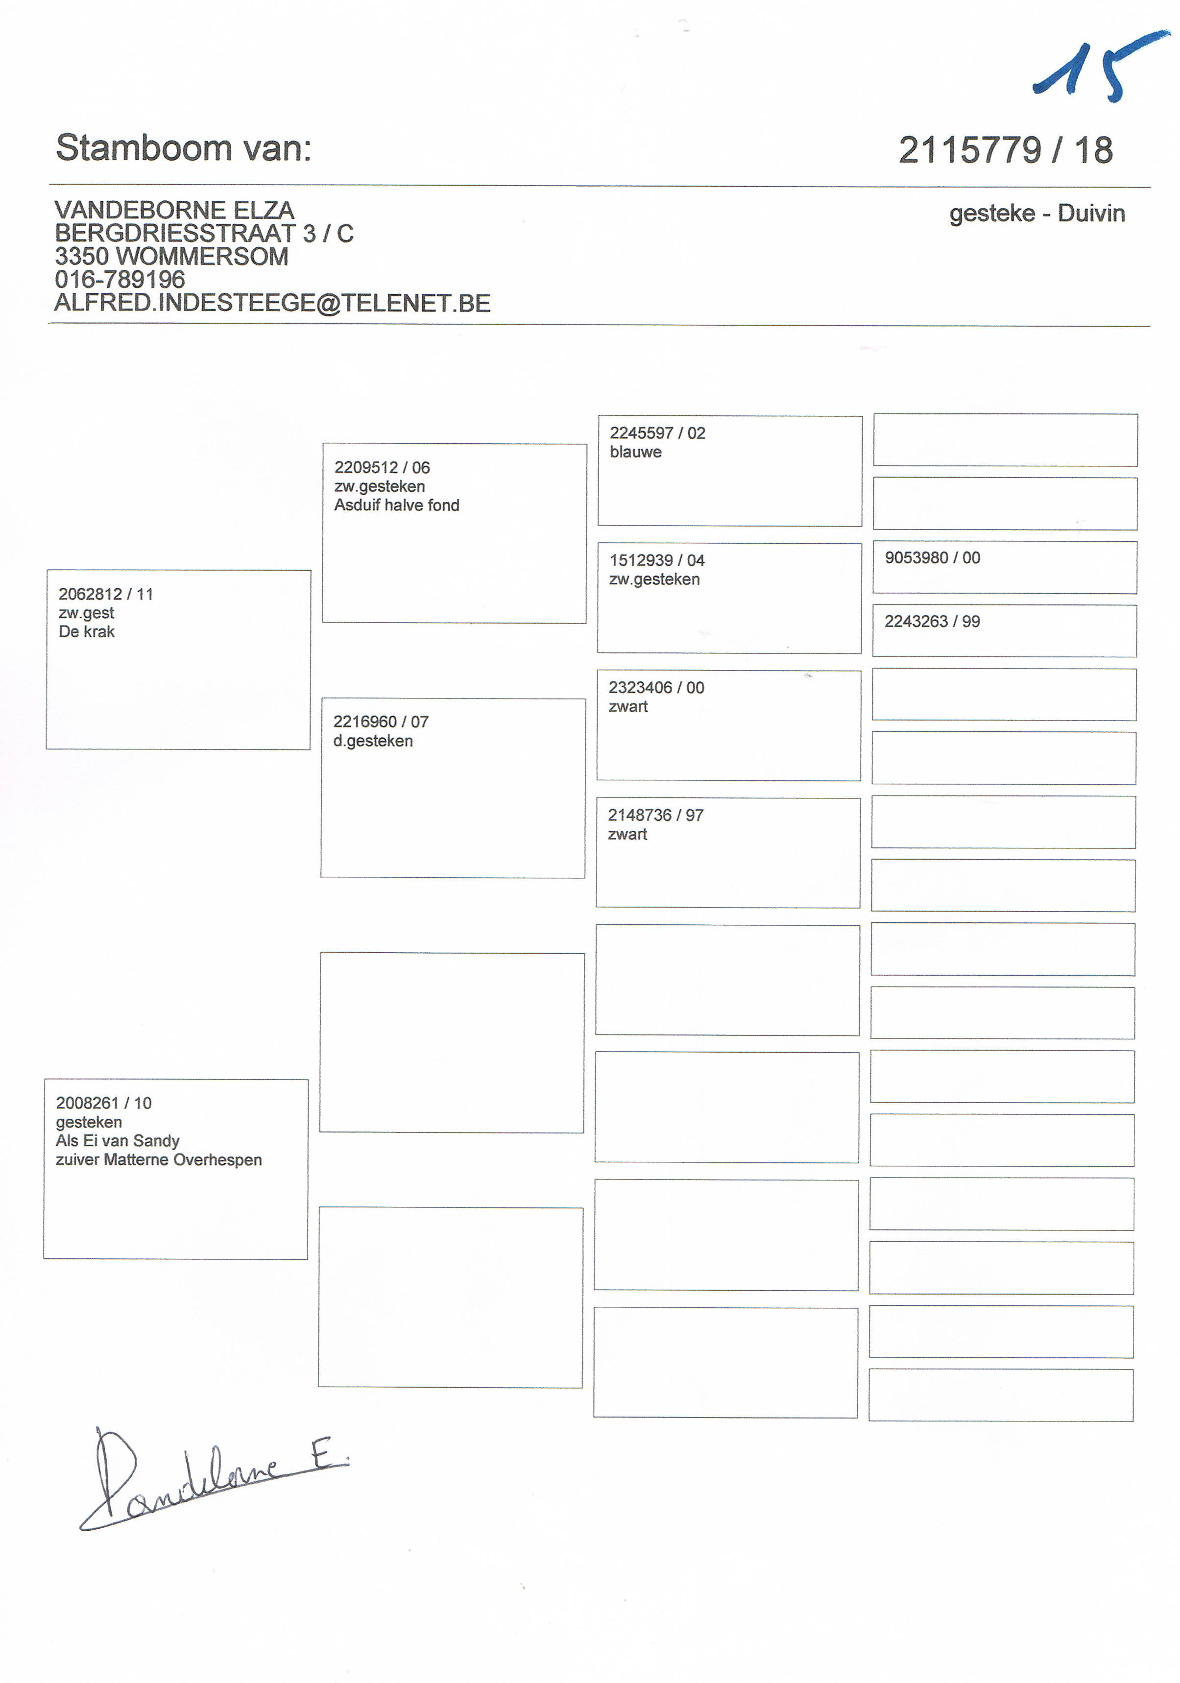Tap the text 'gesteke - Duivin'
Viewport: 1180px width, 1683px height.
1036,213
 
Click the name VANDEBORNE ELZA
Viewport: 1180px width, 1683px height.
174,211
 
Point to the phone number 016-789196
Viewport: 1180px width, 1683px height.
120,279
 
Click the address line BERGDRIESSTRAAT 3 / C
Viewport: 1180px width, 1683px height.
204,234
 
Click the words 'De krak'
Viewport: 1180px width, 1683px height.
87,632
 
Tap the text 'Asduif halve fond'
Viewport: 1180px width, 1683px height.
396,505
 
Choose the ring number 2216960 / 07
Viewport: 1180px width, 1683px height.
381,722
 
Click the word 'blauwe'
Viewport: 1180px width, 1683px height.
635,452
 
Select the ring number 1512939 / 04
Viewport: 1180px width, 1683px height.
657,561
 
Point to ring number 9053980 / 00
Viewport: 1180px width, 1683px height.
932,558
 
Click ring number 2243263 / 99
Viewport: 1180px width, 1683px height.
932,622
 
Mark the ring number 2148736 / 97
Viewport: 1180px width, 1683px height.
655,815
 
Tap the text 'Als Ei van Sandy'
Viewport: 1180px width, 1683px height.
117,1141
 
